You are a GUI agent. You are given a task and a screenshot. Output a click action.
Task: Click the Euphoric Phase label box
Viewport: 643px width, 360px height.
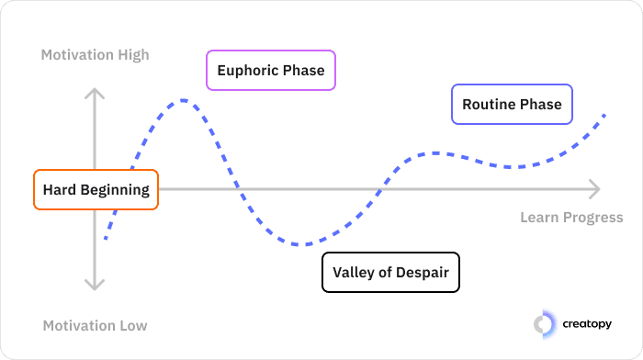coord(271,70)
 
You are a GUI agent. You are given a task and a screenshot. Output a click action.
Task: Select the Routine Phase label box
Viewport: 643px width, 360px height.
coord(512,104)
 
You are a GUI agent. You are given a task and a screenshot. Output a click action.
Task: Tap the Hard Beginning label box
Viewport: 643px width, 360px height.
coord(96,190)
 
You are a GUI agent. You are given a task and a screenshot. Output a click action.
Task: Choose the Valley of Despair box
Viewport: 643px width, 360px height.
coord(390,272)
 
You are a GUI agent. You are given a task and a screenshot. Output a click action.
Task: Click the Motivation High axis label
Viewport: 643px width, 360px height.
coord(95,55)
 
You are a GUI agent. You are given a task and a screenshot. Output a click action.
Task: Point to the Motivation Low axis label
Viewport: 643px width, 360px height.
coord(95,325)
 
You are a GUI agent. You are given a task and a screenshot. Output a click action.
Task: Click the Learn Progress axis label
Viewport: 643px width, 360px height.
coord(571,218)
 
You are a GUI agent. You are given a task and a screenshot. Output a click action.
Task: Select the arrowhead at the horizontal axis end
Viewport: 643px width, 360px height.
coord(595,189)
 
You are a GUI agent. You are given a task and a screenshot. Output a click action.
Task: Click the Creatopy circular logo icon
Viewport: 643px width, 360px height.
coord(545,322)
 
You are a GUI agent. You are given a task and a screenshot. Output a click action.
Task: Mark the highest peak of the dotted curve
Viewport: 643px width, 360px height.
coord(184,99)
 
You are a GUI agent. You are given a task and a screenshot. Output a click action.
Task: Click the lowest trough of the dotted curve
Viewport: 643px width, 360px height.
coord(303,244)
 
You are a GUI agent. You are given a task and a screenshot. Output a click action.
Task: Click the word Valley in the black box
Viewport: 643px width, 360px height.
coord(353,272)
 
